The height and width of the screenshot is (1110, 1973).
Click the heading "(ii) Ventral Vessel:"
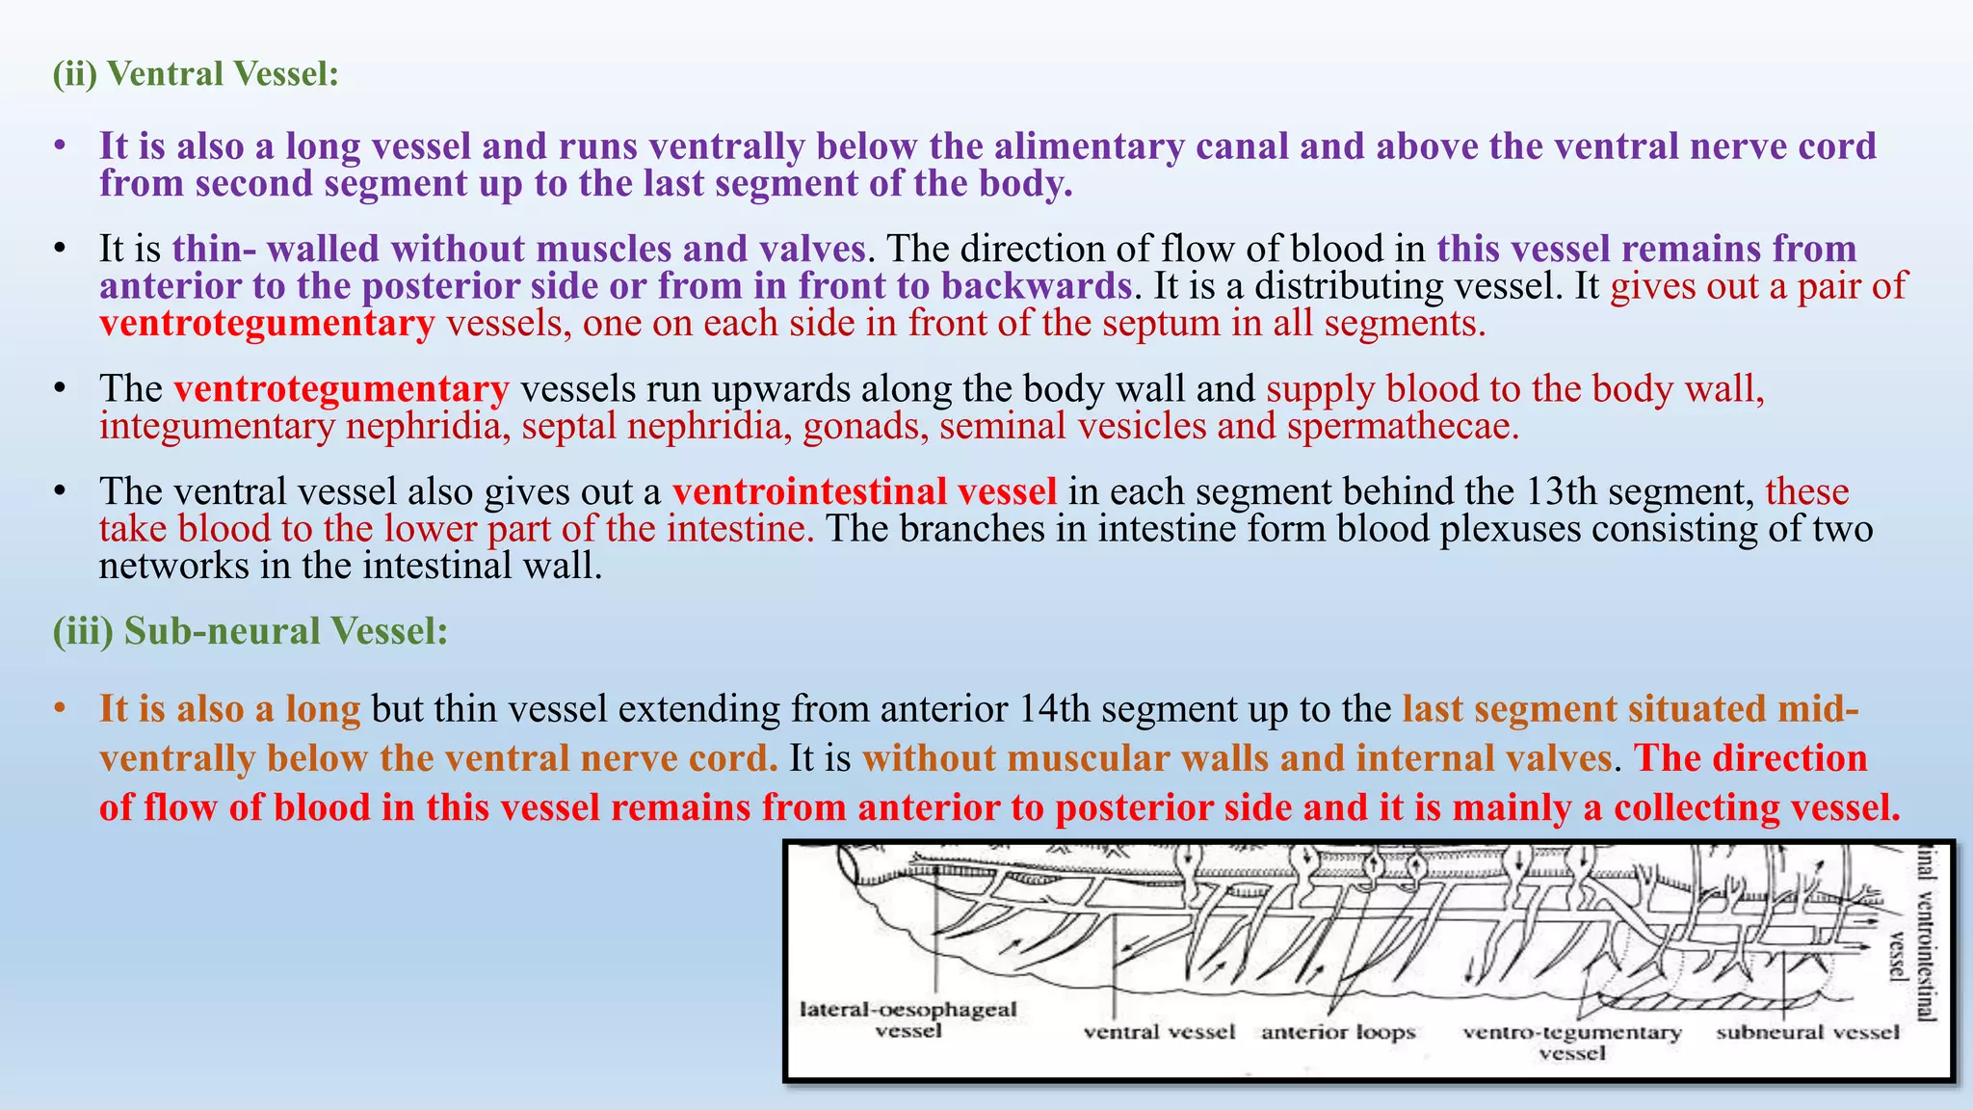click(196, 74)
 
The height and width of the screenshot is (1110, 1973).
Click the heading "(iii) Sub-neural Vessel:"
click(250, 631)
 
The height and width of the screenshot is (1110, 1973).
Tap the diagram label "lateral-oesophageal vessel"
click(908, 1019)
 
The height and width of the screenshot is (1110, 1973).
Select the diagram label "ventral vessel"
click(1159, 1032)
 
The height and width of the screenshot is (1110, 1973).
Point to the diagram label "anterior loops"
click(1338, 1032)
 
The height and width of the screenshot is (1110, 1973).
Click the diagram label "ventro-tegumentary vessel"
click(1571, 1042)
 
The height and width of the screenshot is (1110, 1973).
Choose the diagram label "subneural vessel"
click(1807, 1032)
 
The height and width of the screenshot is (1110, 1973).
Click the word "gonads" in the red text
click(865, 426)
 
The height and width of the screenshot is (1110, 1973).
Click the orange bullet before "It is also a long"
click(60, 709)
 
